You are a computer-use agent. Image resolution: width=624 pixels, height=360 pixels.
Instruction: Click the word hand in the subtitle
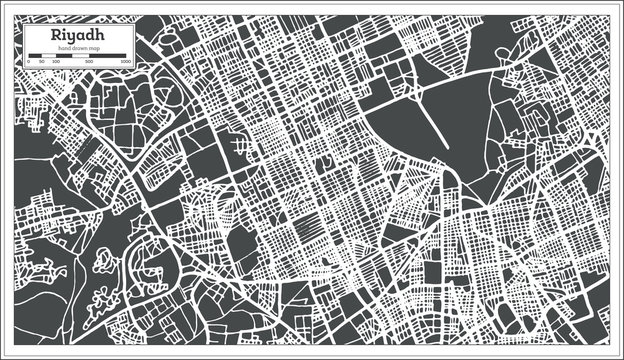point(65,49)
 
